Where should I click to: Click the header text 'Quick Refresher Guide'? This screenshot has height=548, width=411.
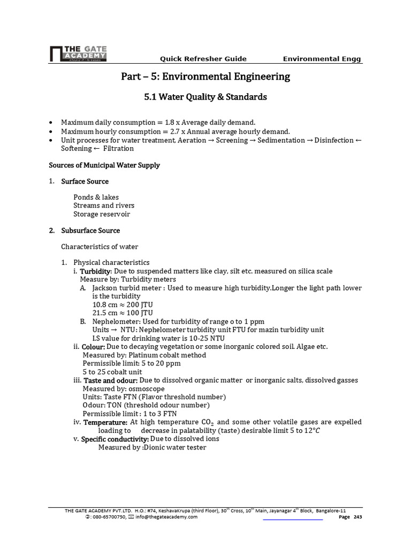click(203, 59)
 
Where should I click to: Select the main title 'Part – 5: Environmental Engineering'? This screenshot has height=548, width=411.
click(205, 77)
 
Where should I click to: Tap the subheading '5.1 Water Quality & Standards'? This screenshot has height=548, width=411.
click(205, 97)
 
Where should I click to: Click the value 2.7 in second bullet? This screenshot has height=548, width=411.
click(174, 131)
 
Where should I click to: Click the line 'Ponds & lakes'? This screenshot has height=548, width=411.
click(96, 197)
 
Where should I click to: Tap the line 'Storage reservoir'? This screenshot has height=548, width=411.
click(102, 214)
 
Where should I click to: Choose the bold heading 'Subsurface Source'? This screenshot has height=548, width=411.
click(90, 230)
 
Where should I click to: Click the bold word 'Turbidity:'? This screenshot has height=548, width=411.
click(96, 271)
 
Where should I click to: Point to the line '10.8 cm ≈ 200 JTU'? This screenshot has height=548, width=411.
click(123, 304)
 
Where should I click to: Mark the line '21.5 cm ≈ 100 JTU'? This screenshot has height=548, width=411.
click(123, 313)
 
